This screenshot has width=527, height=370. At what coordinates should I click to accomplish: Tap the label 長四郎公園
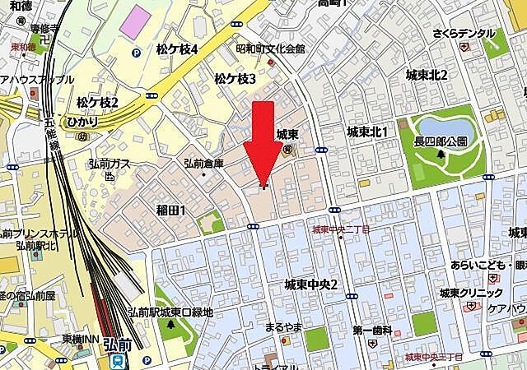point(441,141)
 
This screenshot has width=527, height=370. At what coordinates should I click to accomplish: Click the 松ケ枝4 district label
point(177,49)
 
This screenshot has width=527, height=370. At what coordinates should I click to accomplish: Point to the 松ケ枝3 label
point(235,78)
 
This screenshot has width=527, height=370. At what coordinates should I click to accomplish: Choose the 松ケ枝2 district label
point(97,102)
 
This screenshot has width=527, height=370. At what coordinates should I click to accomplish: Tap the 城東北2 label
point(427,75)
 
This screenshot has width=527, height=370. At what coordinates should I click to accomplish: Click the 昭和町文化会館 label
point(270,49)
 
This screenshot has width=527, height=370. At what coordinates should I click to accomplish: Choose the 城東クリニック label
point(470,293)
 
